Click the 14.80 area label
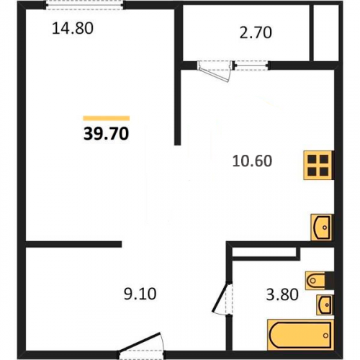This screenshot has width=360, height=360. click(73, 28)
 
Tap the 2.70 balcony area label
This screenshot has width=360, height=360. click(256, 32)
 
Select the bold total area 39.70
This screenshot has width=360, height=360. click(106, 134)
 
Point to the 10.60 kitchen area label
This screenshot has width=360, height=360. click(252, 161)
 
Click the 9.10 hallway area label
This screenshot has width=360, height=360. click(140, 294)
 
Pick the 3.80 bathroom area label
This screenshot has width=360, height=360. click(282, 294)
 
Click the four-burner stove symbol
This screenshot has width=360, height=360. click(318, 165)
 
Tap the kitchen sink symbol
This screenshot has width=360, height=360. click(322, 227)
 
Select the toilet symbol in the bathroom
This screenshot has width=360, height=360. click(315, 280)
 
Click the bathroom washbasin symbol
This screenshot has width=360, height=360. click(325, 305)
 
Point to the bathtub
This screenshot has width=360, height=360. click(300, 335)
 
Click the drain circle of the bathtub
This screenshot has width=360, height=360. click(325, 336)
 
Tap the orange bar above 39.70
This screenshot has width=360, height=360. click(107, 118)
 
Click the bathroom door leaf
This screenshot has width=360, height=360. click(220, 298)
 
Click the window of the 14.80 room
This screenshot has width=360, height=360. click(84, 5)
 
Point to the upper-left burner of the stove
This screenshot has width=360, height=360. click(312, 159)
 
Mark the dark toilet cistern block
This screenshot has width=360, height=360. click(329, 280)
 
